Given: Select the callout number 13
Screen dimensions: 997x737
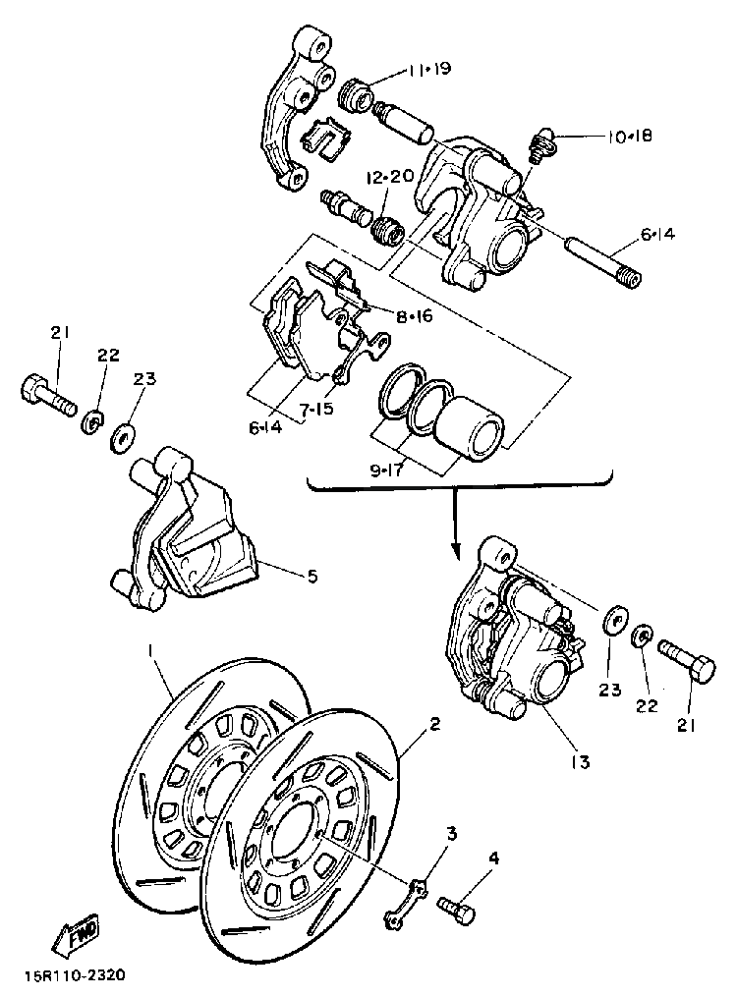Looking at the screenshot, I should click(580, 761).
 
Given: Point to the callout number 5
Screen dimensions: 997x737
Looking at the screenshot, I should click(312, 578).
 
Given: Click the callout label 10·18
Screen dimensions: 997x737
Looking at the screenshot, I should click(629, 137).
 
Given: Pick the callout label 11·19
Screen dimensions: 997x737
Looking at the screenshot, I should click(428, 69).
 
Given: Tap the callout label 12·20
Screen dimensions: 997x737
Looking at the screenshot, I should click(390, 177).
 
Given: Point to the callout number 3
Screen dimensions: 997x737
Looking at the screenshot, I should click(452, 835).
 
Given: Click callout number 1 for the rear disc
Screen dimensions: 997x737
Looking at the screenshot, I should click(151, 650).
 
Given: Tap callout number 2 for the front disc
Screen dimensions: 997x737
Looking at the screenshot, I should click(435, 725).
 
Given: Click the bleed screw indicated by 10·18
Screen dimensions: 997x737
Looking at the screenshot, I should click(539, 147).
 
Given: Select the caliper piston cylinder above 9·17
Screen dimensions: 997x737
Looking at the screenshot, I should click(470, 429).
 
